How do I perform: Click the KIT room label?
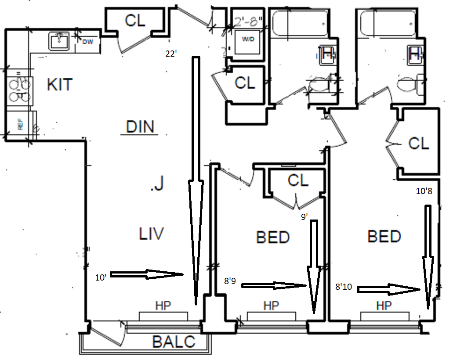(x=60, y=84)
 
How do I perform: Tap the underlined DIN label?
(x=140, y=127)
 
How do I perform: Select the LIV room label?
(x=152, y=234)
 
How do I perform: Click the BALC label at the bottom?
(x=174, y=342)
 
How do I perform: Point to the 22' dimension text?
(x=171, y=54)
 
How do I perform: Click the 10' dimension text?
(x=101, y=277)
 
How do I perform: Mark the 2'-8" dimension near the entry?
(x=248, y=21)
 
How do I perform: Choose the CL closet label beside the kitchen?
(x=135, y=20)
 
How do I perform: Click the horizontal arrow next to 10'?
(x=147, y=275)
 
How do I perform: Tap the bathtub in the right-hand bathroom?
(x=387, y=22)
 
